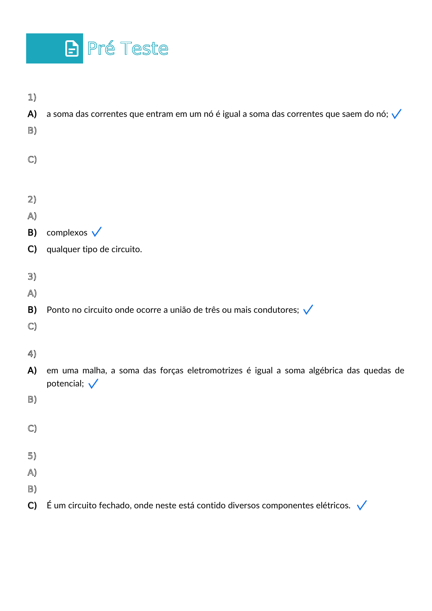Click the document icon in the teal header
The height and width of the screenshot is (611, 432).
[x=72, y=49]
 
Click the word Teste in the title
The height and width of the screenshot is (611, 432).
[x=144, y=49]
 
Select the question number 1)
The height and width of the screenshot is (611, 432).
[x=32, y=97]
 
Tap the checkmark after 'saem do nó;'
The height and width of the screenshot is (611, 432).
[x=396, y=114]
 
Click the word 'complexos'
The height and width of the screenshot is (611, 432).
[x=67, y=233]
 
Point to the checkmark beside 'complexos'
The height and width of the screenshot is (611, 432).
[x=97, y=232]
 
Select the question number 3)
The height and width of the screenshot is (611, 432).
[x=32, y=276]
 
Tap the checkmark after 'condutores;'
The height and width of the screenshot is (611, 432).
[x=308, y=309]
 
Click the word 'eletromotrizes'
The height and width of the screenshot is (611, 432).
[x=215, y=370]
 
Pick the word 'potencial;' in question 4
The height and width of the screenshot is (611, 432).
[x=65, y=384]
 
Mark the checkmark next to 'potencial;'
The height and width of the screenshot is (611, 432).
[x=93, y=384]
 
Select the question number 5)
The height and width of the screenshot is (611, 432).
[x=32, y=456]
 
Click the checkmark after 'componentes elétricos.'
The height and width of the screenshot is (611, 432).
[x=362, y=505]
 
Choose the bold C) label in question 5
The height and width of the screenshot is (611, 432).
[x=32, y=505]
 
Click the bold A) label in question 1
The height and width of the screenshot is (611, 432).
[x=32, y=114]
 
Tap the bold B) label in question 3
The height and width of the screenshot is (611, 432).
[x=32, y=310]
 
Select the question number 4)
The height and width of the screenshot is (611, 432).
[x=32, y=354]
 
